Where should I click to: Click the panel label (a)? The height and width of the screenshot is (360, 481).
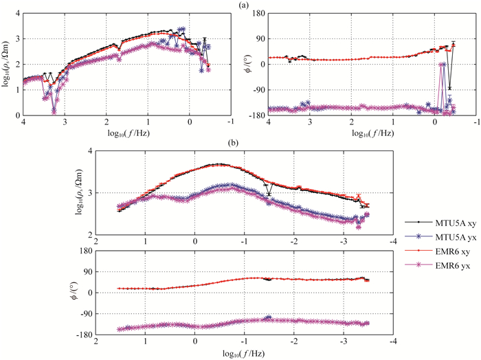pos(243,5)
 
